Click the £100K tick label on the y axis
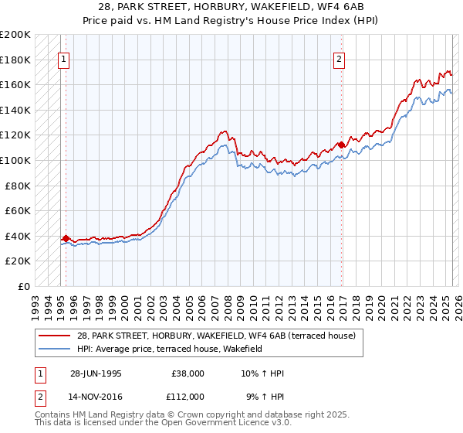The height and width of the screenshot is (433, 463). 15,160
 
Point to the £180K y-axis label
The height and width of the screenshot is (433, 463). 15,60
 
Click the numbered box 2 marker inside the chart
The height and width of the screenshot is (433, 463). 339,60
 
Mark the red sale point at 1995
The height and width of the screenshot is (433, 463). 66,239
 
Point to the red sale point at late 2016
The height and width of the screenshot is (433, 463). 342,145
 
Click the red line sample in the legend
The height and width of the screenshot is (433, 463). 55,336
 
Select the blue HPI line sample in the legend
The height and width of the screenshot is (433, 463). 55,349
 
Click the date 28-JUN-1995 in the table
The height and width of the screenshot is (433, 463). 96,373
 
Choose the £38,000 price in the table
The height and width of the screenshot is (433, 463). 188,373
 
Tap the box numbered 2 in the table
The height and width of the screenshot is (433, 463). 39,396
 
